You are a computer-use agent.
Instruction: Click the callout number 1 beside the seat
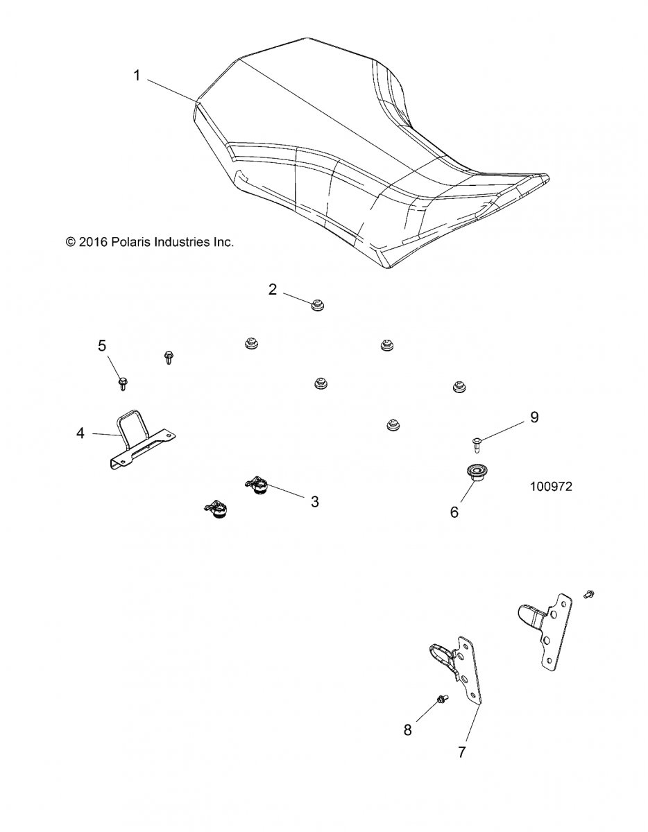tap(137, 76)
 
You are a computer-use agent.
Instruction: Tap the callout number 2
tap(273, 289)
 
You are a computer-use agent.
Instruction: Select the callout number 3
tap(314, 502)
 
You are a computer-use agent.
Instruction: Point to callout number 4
tap(80, 433)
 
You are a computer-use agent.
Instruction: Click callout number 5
tap(101, 345)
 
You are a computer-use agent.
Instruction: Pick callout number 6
tap(454, 512)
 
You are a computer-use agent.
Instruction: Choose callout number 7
tap(462, 752)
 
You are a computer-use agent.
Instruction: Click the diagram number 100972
tap(550, 487)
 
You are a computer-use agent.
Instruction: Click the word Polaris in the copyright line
tap(127, 242)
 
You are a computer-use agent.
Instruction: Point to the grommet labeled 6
tap(475, 475)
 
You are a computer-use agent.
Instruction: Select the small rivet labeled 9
tap(477, 441)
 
